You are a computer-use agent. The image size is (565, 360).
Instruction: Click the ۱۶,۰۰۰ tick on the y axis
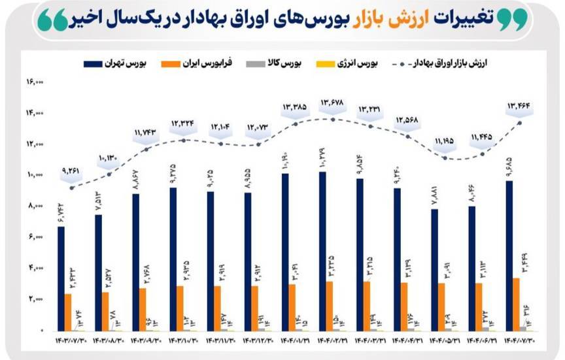(x=34, y=82)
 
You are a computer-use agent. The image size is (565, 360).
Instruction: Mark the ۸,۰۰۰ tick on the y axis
(x=35, y=206)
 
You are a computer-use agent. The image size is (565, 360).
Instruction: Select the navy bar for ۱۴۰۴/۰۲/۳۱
(x=322, y=251)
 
